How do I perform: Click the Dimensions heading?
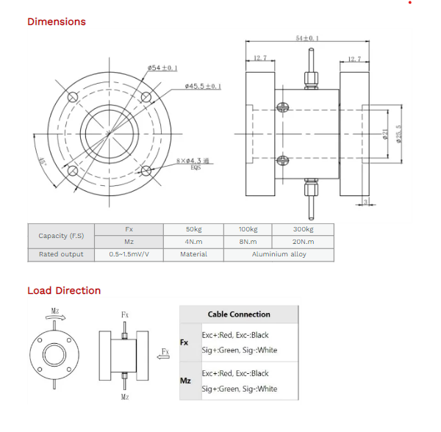pyautogui.click(x=57, y=21)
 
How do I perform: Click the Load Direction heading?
pyautogui.click(x=64, y=290)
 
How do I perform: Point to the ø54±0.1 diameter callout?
pyautogui.click(x=162, y=68)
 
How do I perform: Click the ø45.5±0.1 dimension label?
pyautogui.click(x=204, y=86)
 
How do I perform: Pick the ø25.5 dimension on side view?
pyautogui.click(x=399, y=134)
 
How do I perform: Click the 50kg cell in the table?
pyautogui.click(x=193, y=229)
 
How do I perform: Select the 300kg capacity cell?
pyautogui.click(x=303, y=229)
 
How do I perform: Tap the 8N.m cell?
pyautogui.click(x=248, y=241)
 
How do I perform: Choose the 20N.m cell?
pyautogui.click(x=303, y=241)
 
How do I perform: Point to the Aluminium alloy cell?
pyautogui.click(x=279, y=254)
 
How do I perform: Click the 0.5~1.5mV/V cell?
pyautogui.click(x=129, y=254)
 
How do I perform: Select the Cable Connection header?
pyautogui.click(x=239, y=314)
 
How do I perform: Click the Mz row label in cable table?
pyautogui.click(x=186, y=381)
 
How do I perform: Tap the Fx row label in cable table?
pyautogui.click(x=185, y=342)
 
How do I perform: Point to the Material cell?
pyautogui.click(x=193, y=254)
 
